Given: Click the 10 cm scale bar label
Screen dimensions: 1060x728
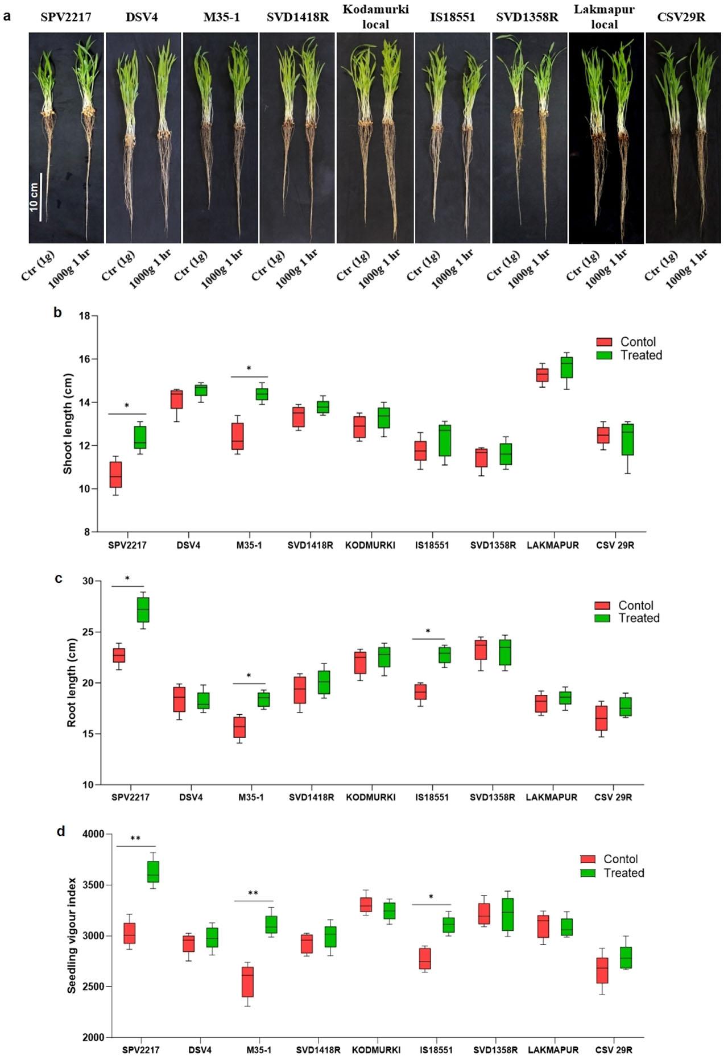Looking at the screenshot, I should (x=34, y=197).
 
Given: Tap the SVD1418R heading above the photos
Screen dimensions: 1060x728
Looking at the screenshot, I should (x=297, y=17).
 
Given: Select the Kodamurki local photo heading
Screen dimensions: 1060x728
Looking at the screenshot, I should (x=375, y=16).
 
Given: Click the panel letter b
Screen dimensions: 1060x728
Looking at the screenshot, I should (x=57, y=312).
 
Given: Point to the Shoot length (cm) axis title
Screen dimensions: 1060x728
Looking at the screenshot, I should (x=68, y=424).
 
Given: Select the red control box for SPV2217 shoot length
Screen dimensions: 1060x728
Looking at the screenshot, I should (x=115, y=474).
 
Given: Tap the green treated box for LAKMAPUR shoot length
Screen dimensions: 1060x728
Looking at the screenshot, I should (x=566, y=367).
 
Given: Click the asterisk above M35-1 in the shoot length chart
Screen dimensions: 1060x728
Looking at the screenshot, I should (x=249, y=368).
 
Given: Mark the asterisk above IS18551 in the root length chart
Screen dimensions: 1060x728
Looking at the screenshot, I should (x=428, y=631).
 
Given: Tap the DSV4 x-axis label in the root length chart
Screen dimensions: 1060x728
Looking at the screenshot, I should (x=191, y=797).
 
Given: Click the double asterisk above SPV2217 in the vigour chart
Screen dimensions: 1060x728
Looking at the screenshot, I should (x=135, y=839).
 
